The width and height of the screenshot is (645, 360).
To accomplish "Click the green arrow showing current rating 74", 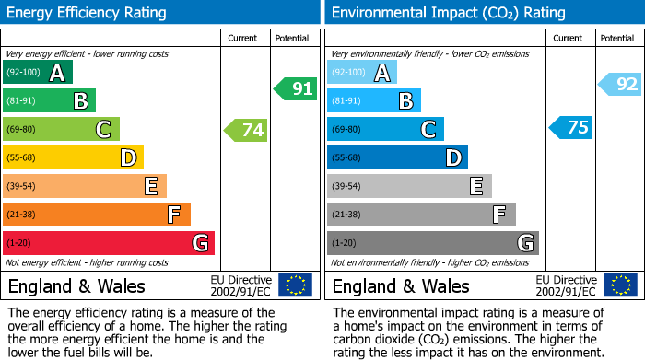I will pos(246,130).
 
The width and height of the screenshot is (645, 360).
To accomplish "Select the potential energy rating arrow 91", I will pos(295,88).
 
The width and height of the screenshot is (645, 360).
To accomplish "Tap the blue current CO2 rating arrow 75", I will pos(570,127).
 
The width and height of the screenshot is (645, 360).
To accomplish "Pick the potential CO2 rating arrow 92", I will pos(620,85).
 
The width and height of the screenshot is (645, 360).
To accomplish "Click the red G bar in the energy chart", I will pos(109,243).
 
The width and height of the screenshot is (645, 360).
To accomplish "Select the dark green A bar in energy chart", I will pos(38,73).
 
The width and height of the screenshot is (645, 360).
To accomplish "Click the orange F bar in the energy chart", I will pos(97,215).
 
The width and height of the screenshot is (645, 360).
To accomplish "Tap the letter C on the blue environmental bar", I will pos(428,130).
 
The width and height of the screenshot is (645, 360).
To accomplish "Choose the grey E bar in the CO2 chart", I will pos(409,186).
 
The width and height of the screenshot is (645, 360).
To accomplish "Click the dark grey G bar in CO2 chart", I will pos(433,243).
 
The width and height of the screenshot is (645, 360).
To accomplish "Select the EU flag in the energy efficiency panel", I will pos(295,285).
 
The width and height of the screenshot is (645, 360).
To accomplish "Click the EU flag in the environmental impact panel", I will pos(620,285).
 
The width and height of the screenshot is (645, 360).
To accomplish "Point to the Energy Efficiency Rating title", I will pos(88,13).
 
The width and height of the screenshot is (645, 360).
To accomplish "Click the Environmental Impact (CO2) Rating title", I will pos(448,13).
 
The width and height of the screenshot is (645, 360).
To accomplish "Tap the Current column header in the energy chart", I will pos(243,38).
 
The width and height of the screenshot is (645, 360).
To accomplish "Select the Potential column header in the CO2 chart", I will pos(617,38).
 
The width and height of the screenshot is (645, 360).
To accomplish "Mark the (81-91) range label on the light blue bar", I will pos(347,101).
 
